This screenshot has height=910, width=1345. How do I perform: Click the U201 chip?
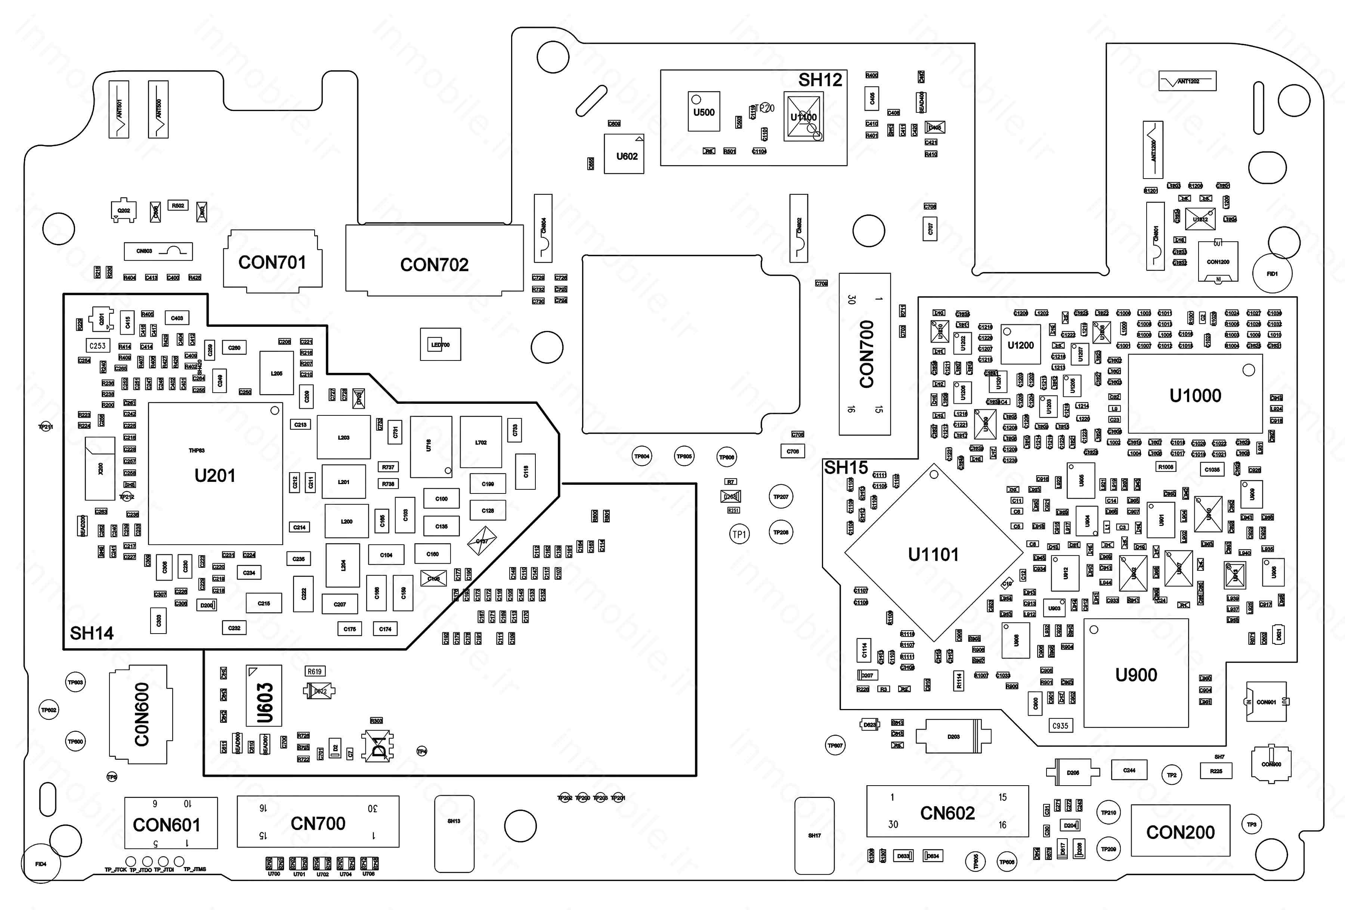coord(215,474)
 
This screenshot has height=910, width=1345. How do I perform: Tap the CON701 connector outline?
coord(272,261)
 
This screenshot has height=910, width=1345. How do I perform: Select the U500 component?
coord(704,112)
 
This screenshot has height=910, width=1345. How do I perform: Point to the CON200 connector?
coord(1180,831)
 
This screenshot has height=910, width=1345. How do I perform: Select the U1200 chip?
coord(1020,345)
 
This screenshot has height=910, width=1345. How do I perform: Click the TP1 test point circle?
coord(739,534)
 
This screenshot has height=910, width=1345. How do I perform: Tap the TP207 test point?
coord(781,496)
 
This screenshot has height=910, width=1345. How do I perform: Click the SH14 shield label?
coord(92,633)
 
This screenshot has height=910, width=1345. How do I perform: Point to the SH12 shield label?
coord(820,80)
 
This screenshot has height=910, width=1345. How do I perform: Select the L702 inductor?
coord(481,442)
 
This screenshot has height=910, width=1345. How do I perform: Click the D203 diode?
coord(953,736)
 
